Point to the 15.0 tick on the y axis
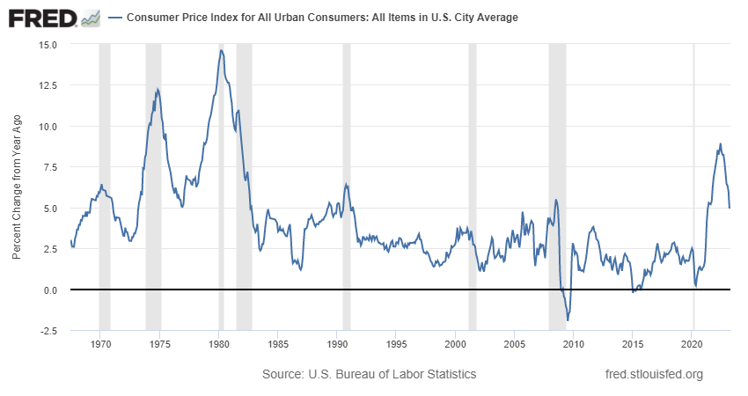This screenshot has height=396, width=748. pos(48,44)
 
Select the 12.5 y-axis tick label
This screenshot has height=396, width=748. pos(48,85)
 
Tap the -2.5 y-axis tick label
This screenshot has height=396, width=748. pos(48,331)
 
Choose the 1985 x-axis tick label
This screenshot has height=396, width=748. pos(277,344)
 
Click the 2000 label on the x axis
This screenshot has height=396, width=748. pos(455,344)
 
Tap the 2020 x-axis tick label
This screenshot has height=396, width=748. pos(693,344)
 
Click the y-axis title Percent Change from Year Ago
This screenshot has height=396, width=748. pos(17,187)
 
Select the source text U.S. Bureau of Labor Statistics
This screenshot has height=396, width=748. pos(370,374)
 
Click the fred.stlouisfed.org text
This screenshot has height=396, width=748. pos(655,374)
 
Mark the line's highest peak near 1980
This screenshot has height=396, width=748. pos(221,50)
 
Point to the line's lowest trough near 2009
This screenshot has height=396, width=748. pos(568,320)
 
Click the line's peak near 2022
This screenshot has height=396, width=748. pos(721,144)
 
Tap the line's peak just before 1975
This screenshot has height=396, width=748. pos(158,89)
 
